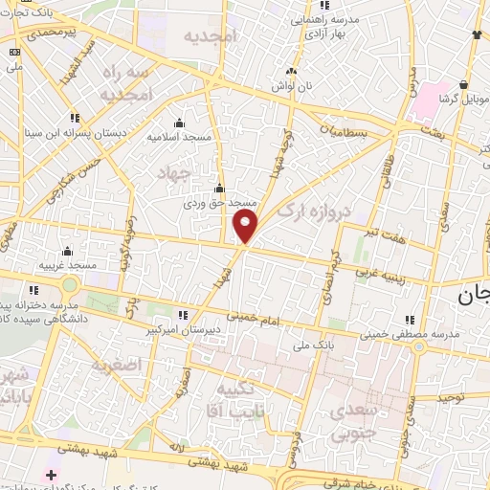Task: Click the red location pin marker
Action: (x=246, y=226)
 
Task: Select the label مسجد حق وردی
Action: (x=221, y=203)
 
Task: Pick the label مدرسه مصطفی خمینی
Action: (x=412, y=334)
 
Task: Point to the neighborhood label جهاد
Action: (x=179, y=172)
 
